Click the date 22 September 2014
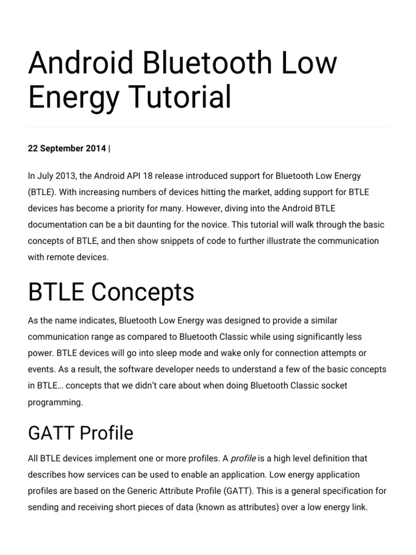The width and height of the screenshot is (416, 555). tap(67, 149)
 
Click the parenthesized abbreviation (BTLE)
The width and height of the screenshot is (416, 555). tap(41, 192)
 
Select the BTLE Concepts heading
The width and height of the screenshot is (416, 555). tap(111, 293)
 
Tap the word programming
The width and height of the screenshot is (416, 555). tap(55, 402)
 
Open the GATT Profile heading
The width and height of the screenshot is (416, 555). tap(80, 433)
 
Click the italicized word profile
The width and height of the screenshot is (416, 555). tap(243, 459)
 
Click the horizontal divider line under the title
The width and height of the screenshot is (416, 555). tap(208, 127)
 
